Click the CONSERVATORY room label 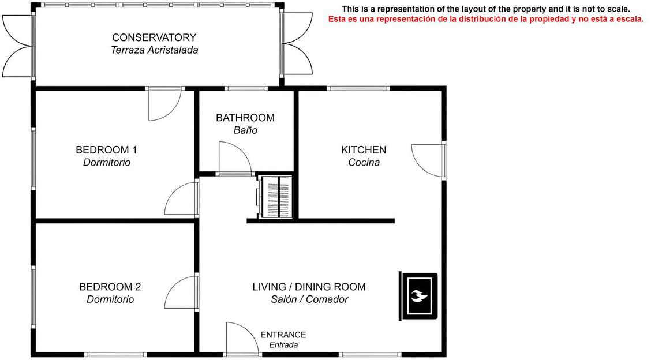154,37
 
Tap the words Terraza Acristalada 155,50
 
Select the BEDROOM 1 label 106,150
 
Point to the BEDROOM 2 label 110,287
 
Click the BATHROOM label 245,118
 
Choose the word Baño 245,130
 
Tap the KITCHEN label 364,150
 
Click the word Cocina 364,162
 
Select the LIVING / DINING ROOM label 309,287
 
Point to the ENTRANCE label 283,335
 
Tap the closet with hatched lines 275,197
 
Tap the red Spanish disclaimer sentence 486,19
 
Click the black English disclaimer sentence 486,9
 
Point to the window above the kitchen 358,88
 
